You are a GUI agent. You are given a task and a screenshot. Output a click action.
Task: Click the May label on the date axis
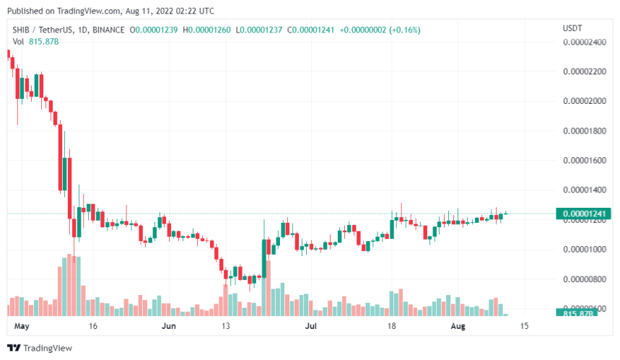click(21, 326)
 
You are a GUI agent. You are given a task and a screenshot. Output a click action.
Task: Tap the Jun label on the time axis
click(168, 326)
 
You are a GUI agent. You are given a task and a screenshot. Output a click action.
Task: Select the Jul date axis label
click(311, 326)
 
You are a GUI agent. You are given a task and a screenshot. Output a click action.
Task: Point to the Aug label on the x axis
click(457, 326)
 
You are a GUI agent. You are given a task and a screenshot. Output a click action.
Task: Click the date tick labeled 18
click(393, 326)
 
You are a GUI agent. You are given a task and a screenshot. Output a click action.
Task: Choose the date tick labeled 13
click(226, 326)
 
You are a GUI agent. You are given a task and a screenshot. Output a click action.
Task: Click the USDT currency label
click(572, 28)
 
